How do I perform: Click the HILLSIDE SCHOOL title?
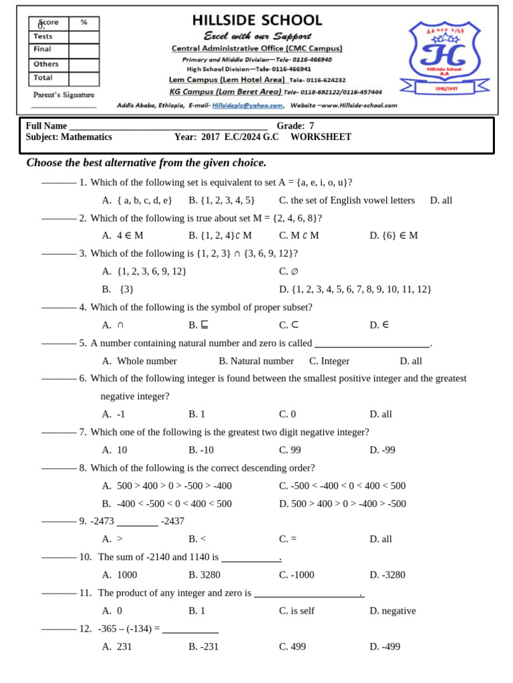pyautogui.click(x=257, y=21)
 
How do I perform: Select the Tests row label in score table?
pyautogui.click(x=43, y=37)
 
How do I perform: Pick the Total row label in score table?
pyautogui.click(x=43, y=78)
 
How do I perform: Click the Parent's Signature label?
pyautogui.click(x=64, y=95)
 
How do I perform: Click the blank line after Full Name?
pyautogui.click(x=168, y=126)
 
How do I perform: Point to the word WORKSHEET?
pyautogui.click(x=321, y=137)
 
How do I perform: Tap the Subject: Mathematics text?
pyautogui.click(x=69, y=137)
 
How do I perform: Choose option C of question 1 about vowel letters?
pyautogui.click(x=347, y=200)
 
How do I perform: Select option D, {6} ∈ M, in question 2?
pyautogui.click(x=393, y=235)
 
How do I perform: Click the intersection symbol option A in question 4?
pyautogui.click(x=114, y=325)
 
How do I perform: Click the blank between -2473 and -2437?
pyautogui.click(x=138, y=522)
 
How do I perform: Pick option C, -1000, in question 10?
pyautogui.click(x=297, y=575)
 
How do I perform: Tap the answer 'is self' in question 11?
pyautogui.click(x=297, y=611)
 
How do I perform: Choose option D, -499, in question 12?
pyautogui.click(x=385, y=646)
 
